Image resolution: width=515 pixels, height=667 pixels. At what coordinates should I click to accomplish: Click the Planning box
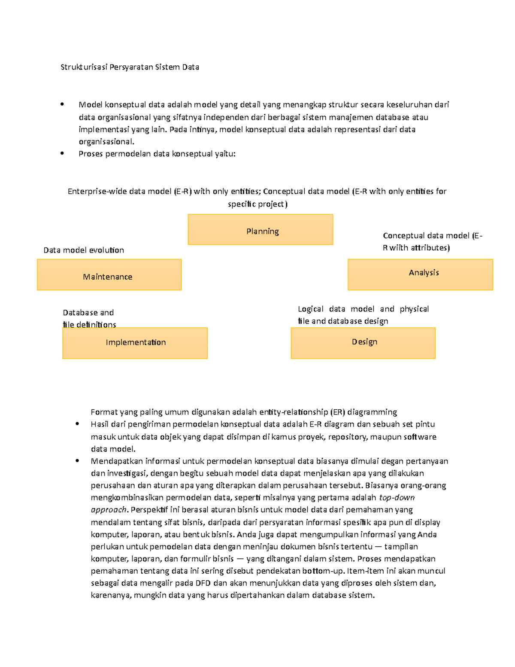coord(261,230)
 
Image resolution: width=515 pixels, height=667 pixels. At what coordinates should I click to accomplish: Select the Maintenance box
coord(109,275)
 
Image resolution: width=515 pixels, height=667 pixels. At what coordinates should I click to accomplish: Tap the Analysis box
coord(420,274)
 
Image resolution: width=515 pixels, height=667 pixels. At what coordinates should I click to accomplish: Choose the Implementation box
coord(135,343)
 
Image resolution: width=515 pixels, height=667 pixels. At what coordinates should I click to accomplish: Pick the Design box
coord(363,343)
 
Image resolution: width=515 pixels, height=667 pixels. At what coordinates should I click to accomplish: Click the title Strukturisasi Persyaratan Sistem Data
coord(130,67)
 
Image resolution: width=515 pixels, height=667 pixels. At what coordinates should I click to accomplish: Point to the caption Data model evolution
coord(84,250)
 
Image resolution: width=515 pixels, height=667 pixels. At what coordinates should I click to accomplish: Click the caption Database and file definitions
coord(89,318)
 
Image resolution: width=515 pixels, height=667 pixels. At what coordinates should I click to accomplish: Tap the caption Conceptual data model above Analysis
coord(432,241)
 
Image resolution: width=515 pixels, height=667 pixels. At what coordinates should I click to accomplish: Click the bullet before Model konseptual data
coord(62,104)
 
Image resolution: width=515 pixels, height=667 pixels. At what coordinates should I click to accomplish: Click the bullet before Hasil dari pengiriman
coord(77,424)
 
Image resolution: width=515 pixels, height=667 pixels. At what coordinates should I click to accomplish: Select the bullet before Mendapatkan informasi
coord(77,461)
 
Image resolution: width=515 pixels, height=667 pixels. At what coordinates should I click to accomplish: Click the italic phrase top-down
coord(397,498)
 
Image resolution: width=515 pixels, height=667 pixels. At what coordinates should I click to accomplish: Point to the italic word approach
coord(109,510)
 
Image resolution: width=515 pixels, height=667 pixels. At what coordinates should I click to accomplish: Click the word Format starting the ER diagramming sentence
coord(104,412)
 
